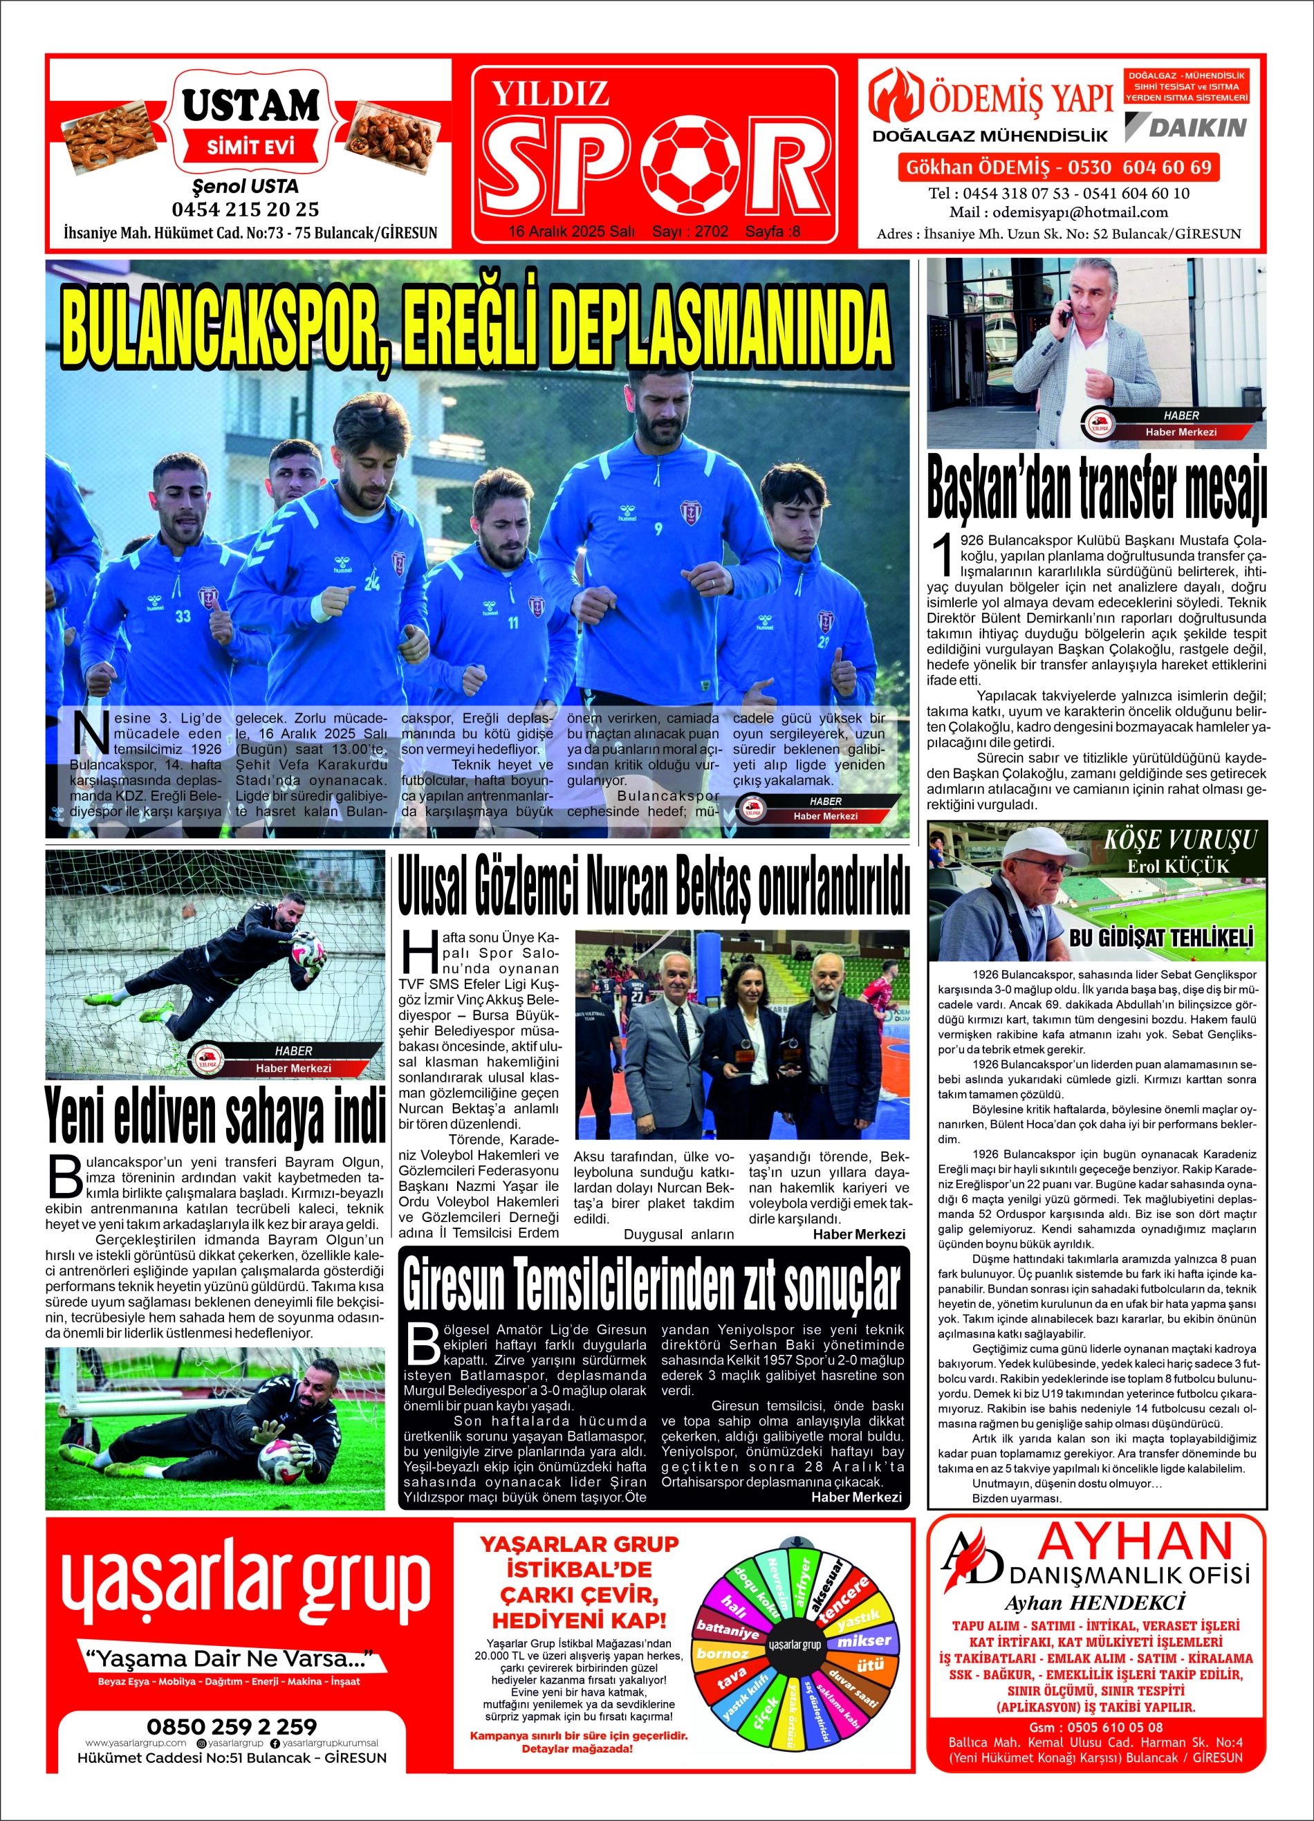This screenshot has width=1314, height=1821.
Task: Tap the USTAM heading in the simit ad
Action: pos(250,105)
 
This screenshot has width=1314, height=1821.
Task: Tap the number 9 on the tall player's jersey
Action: pos(658,529)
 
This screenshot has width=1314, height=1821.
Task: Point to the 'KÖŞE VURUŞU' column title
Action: pos(1179,840)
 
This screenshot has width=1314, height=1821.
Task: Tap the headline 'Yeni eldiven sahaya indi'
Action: pos(215,1116)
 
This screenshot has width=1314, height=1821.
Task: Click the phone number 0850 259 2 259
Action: pos(231,1726)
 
